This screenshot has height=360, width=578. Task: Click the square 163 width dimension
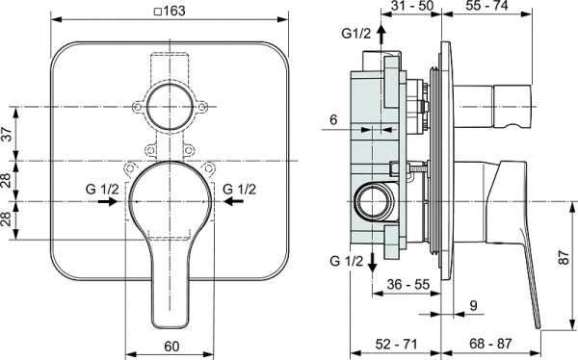(171, 13)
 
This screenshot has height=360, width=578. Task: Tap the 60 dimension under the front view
(171, 346)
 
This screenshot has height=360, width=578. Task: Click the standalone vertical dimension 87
(564, 260)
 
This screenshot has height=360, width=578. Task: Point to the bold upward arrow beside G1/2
(381, 37)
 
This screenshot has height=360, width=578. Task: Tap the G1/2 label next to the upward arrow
(355, 35)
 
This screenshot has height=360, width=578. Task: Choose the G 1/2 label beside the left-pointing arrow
(237, 187)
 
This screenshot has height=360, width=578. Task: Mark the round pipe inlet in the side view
(370, 201)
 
